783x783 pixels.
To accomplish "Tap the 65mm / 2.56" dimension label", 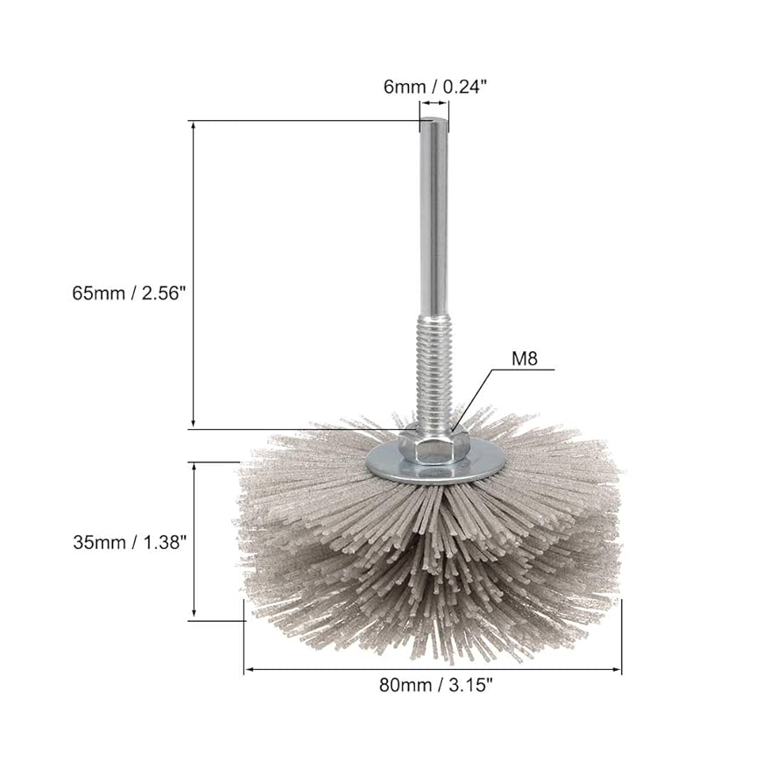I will pos(130,293).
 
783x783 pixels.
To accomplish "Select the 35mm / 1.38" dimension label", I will pos(130,542).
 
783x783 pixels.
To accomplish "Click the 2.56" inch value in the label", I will pos(163,293).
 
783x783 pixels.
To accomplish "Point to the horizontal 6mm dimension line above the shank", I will pos(434,103).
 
